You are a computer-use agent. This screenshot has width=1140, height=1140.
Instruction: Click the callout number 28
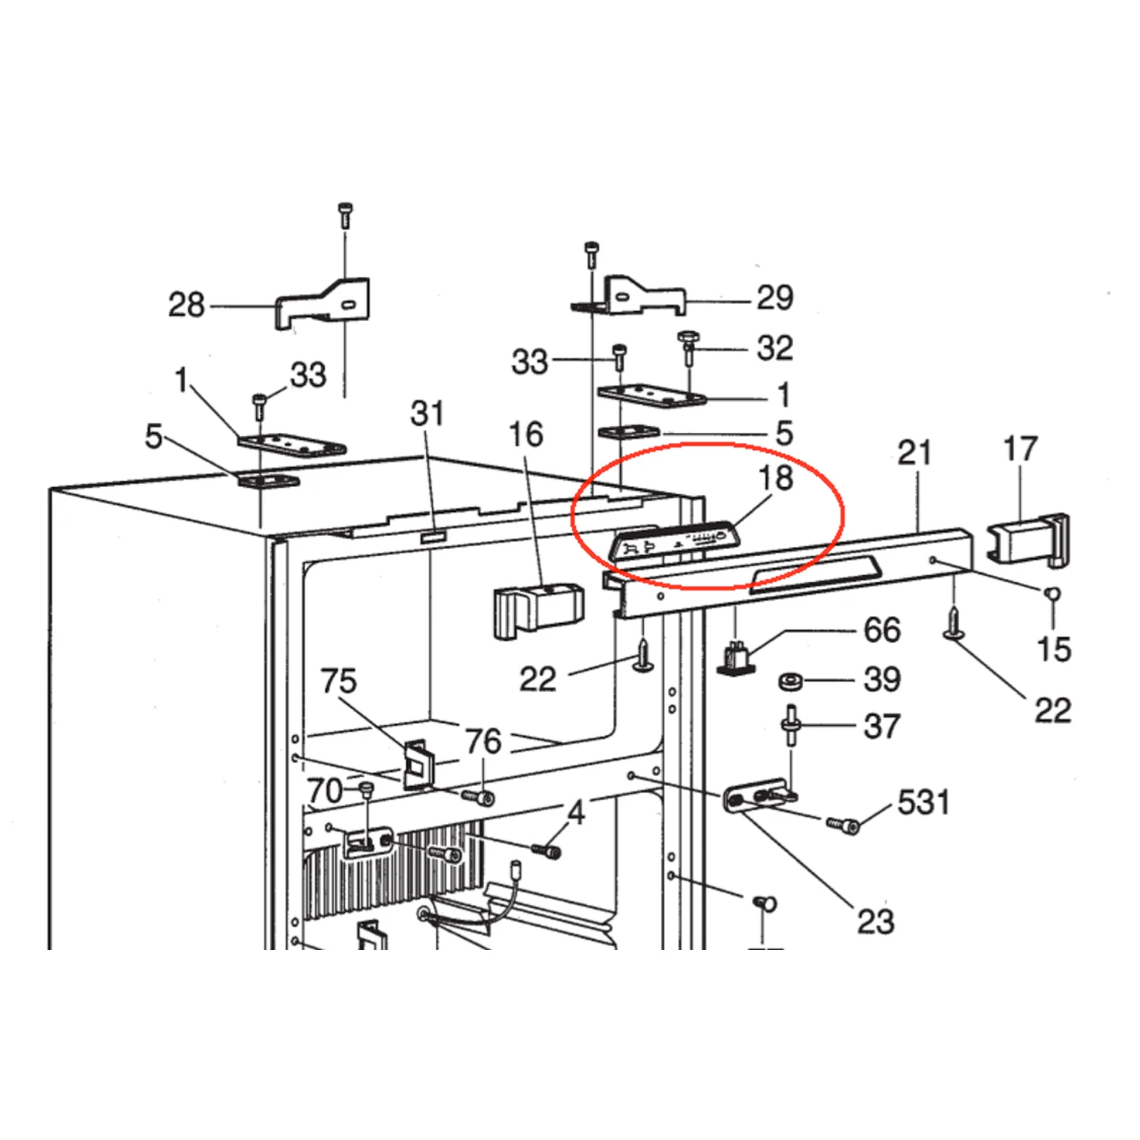(186, 305)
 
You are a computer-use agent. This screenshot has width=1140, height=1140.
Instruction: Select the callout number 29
(775, 298)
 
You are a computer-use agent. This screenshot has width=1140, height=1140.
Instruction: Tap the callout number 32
(775, 348)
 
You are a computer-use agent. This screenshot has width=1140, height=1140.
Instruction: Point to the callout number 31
(427, 414)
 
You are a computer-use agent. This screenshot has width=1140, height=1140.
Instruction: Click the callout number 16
(526, 435)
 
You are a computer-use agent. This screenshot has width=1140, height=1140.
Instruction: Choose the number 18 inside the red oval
(775, 478)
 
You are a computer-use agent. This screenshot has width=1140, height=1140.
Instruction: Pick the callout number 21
(914, 453)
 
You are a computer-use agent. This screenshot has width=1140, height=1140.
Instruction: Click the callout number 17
(1020, 449)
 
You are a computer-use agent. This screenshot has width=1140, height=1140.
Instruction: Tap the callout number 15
(1054, 649)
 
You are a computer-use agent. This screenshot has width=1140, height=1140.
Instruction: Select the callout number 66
(882, 630)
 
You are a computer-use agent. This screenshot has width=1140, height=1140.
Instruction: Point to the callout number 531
(924, 802)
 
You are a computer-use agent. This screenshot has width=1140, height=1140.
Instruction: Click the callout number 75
(338, 681)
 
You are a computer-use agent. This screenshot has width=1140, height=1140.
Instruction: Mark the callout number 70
(325, 791)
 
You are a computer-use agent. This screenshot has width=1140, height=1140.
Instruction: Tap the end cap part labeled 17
(1027, 540)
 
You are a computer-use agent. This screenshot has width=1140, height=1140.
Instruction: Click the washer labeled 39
(790, 682)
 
